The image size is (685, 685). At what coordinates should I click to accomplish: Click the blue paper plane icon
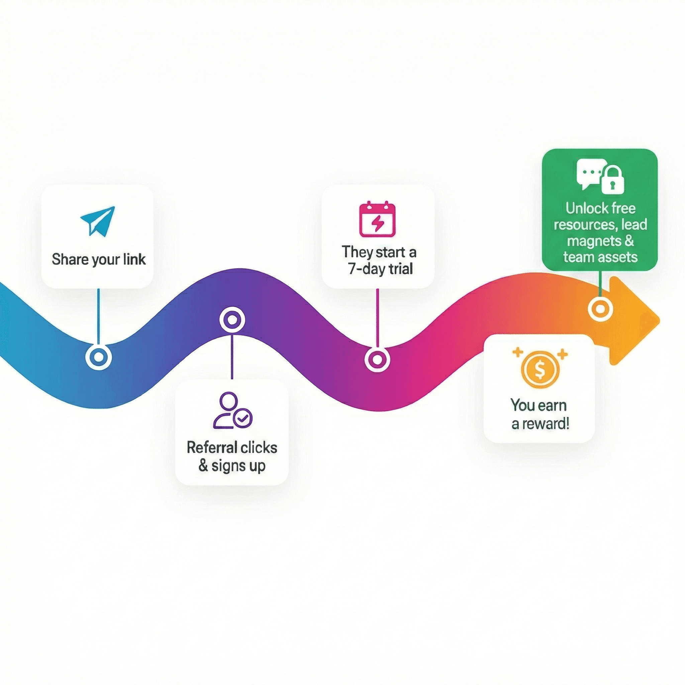pyautogui.click(x=98, y=221)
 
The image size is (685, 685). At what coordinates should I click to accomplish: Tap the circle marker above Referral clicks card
pyautogui.click(x=232, y=320)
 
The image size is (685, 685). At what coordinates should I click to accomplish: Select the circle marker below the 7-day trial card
pyautogui.click(x=377, y=360)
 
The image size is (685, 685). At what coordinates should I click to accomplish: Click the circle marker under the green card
pyautogui.click(x=600, y=309)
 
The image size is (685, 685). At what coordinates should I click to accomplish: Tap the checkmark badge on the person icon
pyautogui.click(x=242, y=419)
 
